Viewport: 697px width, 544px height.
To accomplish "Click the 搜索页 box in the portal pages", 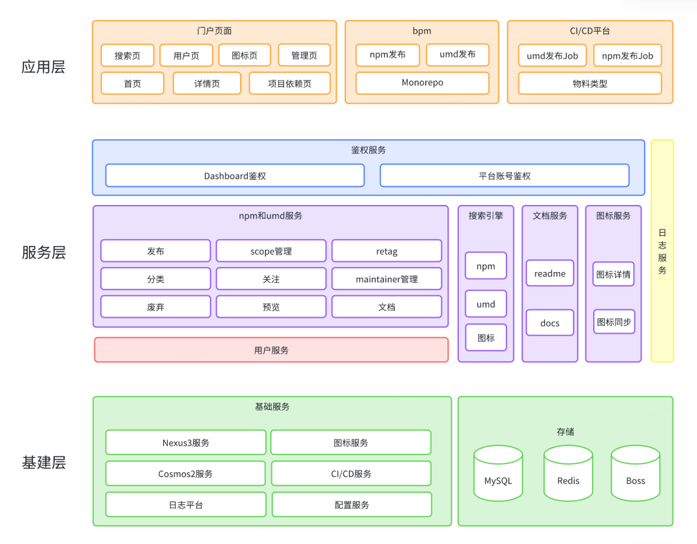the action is tap(128, 55).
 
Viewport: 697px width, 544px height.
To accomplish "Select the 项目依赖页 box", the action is tap(290, 84).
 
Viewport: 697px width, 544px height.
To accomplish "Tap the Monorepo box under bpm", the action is tap(422, 83).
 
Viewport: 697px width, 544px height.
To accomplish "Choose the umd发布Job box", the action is tap(552, 55).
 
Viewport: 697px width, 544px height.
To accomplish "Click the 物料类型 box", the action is tap(590, 84).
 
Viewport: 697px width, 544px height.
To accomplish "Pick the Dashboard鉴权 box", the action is tap(235, 176).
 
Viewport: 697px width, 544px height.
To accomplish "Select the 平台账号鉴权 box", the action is tap(505, 176).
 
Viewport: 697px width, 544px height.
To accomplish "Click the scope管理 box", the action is tap(271, 251).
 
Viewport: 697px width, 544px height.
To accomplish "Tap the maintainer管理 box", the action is tap(387, 279).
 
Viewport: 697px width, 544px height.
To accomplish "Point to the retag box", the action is tap(387, 251).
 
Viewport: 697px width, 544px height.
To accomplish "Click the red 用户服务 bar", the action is tap(271, 350).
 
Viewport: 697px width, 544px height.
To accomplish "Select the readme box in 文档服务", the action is tap(550, 273).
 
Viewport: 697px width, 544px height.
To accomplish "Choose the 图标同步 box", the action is tap(614, 322).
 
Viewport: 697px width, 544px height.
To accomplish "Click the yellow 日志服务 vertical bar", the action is tap(662, 251).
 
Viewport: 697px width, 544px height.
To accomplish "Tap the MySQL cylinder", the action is tap(498, 473).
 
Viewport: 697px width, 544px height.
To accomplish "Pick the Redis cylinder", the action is tap(568, 473).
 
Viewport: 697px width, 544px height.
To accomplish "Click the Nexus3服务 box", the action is tap(186, 442).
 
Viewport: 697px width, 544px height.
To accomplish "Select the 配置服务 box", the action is tap(352, 505).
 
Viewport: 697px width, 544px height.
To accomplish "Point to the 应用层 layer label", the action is tap(43, 67).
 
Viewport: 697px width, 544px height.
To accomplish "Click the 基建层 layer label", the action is tap(44, 463).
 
